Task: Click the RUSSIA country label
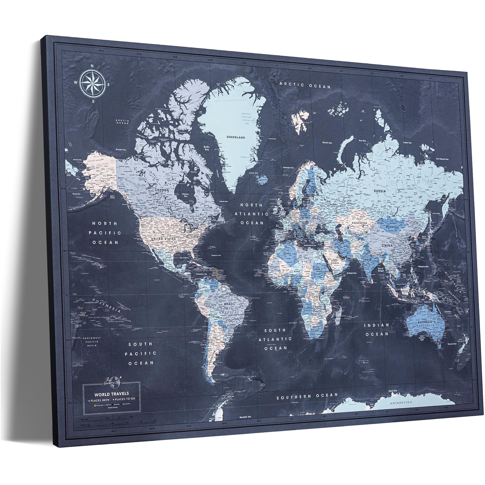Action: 380,191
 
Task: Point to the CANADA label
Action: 162,190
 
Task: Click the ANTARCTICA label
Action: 401,409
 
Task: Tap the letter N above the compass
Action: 92,66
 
